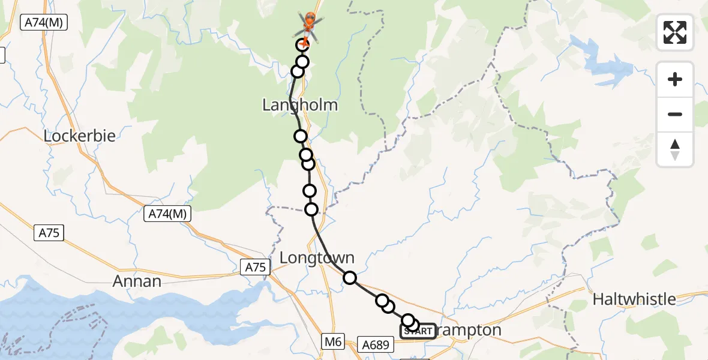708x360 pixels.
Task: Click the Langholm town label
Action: [300, 106]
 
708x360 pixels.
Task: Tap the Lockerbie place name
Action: [79, 136]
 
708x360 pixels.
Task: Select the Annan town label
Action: [137, 281]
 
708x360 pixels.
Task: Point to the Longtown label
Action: [317, 258]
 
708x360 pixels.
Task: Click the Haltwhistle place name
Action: [634, 299]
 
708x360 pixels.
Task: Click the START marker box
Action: [418, 331]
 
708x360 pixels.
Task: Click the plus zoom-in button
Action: [675, 79]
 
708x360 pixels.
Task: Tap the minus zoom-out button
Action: [675, 114]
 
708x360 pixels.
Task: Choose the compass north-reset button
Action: [675, 149]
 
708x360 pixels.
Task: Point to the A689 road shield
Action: [377, 344]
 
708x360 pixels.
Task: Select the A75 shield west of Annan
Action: [49, 233]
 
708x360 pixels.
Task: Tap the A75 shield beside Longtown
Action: [254, 268]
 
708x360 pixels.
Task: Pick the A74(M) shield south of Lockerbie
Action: [167, 213]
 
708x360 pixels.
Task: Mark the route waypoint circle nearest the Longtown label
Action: [350, 277]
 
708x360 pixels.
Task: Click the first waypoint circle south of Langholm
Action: [301, 136]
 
